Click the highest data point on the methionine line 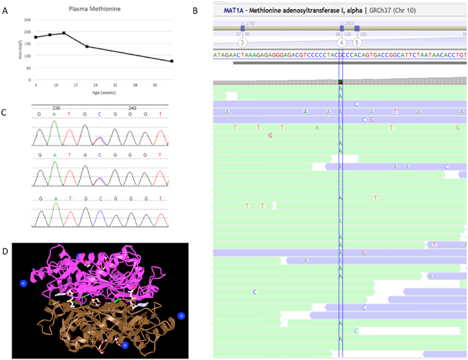point(63,33)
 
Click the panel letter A point(5,9)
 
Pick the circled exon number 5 point(357,42)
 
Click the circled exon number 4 point(342,42)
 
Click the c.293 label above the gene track point(344,23)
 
